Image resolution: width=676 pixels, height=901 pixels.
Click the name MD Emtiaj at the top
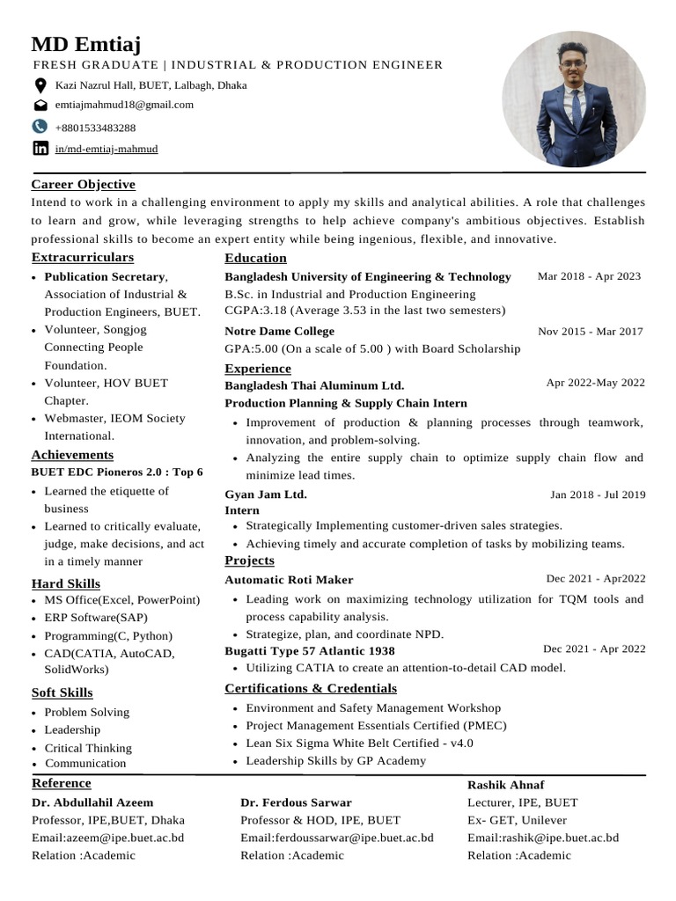coord(86,44)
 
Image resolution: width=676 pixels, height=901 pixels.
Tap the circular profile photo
coord(571,99)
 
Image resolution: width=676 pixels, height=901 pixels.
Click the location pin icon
coord(40,85)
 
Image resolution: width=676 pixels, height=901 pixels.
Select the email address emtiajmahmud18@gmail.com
coord(124,105)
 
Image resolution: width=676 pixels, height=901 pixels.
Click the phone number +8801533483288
coord(95,128)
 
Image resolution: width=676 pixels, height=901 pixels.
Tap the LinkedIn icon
coord(40,149)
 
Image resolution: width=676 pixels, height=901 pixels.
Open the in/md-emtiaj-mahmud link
coord(107,150)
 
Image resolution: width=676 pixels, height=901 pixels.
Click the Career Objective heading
coord(84,185)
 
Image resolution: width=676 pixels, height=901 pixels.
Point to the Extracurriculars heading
coord(83,258)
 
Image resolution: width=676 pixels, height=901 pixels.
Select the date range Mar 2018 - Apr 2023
coord(589,276)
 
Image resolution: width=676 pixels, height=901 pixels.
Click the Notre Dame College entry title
coord(280,332)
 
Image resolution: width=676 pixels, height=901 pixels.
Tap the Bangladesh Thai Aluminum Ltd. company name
coord(314,385)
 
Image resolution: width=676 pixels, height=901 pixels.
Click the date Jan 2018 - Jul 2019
coord(598,494)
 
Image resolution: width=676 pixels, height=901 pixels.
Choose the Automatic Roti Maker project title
coord(289,580)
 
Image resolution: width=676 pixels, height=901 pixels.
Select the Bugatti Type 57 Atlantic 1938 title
coord(310,651)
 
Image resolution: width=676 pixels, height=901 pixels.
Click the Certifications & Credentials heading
coord(311,688)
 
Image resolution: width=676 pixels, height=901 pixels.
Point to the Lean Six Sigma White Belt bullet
coord(359,744)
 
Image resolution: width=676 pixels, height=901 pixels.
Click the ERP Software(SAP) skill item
coord(96,618)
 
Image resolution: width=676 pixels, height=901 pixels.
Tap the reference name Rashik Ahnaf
coord(505,784)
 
